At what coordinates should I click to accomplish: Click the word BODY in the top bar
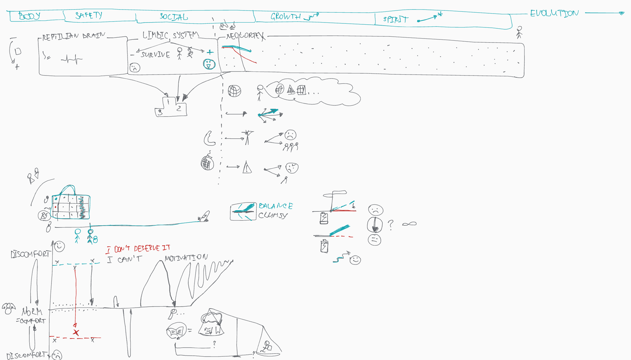(x=29, y=16)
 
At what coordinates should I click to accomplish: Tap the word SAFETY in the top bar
(x=89, y=15)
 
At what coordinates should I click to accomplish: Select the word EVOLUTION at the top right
(x=554, y=13)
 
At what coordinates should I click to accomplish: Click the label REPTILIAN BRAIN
(x=74, y=36)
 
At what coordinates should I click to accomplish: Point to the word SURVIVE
(x=155, y=55)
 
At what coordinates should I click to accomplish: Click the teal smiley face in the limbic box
(x=209, y=64)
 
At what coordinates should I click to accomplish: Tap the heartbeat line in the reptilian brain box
(x=72, y=59)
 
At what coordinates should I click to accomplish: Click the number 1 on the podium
(x=168, y=102)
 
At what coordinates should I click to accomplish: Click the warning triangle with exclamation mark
(x=247, y=168)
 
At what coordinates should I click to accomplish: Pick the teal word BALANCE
(x=275, y=206)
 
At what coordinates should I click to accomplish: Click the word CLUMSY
(x=273, y=215)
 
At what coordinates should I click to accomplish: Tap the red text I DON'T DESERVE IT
(x=138, y=249)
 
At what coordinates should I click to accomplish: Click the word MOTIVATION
(x=186, y=258)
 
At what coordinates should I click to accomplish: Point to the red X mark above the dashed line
(x=76, y=333)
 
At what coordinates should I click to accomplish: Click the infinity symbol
(x=409, y=224)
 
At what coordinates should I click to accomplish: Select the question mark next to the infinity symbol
(x=390, y=225)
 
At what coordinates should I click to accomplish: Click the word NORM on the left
(x=32, y=312)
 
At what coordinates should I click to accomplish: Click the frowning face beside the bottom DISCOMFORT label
(x=57, y=355)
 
